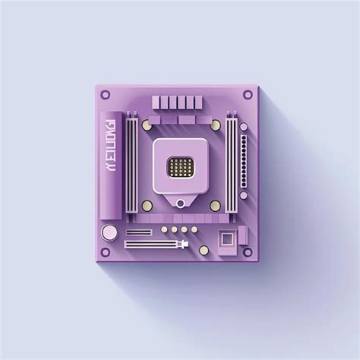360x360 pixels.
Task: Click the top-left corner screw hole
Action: pos(106,95)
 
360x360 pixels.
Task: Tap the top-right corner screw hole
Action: pos(248,95)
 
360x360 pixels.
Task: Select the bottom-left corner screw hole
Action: pos(106,251)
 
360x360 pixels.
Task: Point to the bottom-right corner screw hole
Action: pos(248,251)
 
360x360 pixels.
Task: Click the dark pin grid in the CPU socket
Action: pos(179,166)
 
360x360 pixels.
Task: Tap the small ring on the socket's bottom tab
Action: pos(179,203)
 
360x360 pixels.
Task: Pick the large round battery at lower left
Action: pos(110,232)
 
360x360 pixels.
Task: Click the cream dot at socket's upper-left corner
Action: pos(146,125)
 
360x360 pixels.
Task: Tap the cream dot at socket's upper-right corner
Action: pos(215,125)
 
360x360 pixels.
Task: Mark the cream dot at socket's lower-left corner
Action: pos(146,206)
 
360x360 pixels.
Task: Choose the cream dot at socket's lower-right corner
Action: pos(215,206)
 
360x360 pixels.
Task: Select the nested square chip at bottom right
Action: pos(226,239)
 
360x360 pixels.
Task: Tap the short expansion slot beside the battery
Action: pos(139,232)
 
